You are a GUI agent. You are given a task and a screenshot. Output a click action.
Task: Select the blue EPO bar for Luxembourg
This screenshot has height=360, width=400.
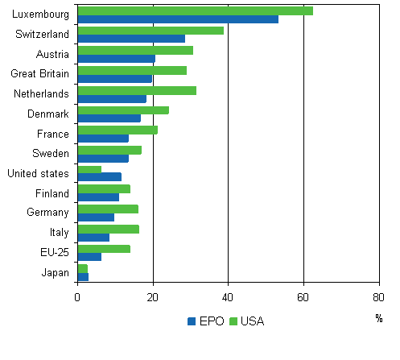(x=178, y=19)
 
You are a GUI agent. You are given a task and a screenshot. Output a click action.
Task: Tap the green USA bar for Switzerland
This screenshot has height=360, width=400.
(x=151, y=31)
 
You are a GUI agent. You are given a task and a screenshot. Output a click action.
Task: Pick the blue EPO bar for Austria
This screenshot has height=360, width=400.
(x=117, y=59)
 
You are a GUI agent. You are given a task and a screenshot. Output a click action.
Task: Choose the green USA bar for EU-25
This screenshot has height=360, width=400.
(x=104, y=249)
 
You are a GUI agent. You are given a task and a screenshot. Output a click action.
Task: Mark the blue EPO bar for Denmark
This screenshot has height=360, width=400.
(x=109, y=118)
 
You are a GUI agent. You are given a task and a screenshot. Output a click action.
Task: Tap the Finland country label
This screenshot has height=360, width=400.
(x=52, y=193)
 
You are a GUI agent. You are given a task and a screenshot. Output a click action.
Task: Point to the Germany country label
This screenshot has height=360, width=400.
(x=51, y=213)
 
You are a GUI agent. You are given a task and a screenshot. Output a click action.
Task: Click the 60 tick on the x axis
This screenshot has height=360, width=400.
(x=303, y=296)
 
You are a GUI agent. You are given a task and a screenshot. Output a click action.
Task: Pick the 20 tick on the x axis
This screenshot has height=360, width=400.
(x=153, y=296)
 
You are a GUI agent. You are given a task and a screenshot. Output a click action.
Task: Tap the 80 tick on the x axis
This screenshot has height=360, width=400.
(x=378, y=296)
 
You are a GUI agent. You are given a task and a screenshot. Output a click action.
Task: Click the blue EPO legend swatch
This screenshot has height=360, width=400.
(x=192, y=321)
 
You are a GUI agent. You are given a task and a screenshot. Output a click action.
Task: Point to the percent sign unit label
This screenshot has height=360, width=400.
(x=378, y=318)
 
